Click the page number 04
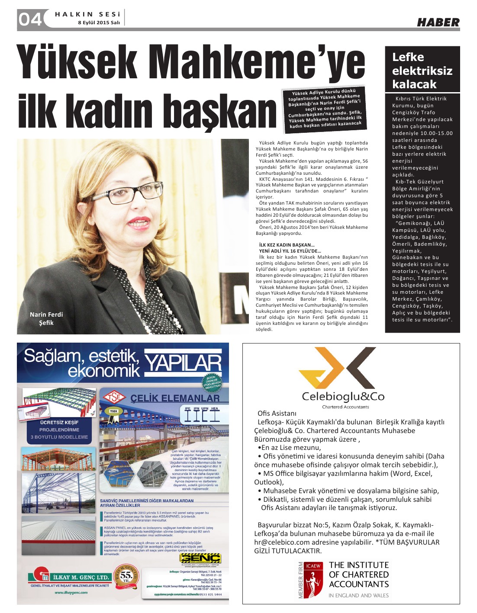click(30, 19)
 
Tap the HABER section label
click(438, 22)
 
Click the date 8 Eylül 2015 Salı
click(99, 22)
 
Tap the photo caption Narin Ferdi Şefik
click(46, 318)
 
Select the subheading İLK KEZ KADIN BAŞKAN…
click(287, 245)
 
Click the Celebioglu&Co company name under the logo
click(343, 396)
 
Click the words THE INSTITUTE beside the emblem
click(359, 565)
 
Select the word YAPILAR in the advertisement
click(183, 363)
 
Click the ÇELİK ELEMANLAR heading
click(175, 398)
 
